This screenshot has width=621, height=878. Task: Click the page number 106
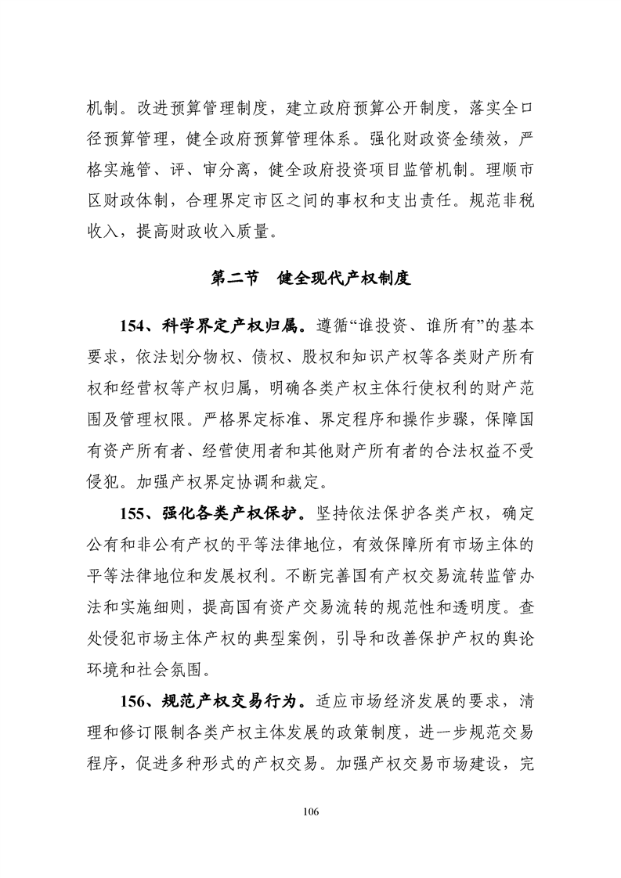311,811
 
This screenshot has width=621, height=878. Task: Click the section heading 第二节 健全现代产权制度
311,277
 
